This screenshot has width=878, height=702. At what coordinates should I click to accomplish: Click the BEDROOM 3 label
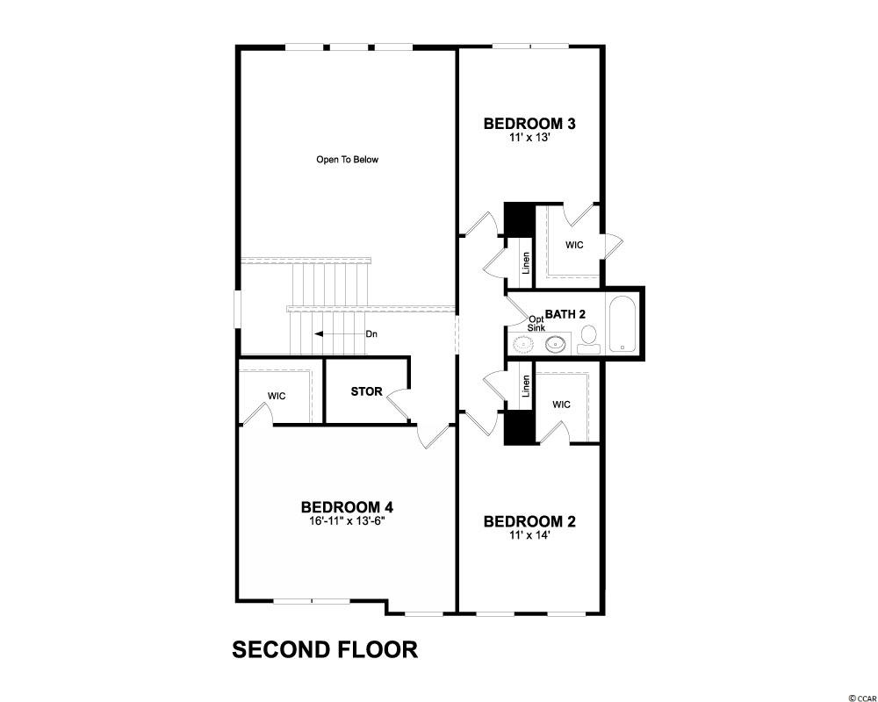pyautogui.click(x=529, y=124)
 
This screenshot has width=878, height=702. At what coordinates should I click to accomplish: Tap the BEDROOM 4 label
pyautogui.click(x=346, y=507)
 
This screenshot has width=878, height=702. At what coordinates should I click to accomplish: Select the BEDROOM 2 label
pyautogui.click(x=529, y=522)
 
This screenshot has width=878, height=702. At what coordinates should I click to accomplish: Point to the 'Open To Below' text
pyautogui.click(x=347, y=160)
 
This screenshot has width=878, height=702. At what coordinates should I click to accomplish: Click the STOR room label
pyautogui.click(x=366, y=391)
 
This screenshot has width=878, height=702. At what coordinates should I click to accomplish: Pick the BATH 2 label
pyautogui.click(x=565, y=313)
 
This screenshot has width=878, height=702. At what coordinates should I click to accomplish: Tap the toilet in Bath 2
pyautogui.click(x=588, y=338)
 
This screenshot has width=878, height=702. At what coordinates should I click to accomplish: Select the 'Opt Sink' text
pyautogui.click(x=536, y=323)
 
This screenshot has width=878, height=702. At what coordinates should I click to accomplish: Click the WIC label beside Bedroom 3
pyautogui.click(x=574, y=245)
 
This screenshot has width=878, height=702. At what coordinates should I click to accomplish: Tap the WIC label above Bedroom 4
pyautogui.click(x=277, y=396)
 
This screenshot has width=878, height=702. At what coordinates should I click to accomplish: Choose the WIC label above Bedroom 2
pyautogui.click(x=562, y=405)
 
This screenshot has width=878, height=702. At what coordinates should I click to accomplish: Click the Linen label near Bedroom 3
pyautogui.click(x=526, y=262)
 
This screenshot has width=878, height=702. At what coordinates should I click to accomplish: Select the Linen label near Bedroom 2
pyautogui.click(x=526, y=386)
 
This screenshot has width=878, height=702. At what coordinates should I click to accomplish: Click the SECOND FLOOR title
pyautogui.click(x=324, y=650)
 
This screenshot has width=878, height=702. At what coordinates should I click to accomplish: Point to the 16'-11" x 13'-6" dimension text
pyautogui.click(x=346, y=520)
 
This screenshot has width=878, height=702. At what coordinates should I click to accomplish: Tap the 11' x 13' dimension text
pyautogui.click(x=529, y=138)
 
